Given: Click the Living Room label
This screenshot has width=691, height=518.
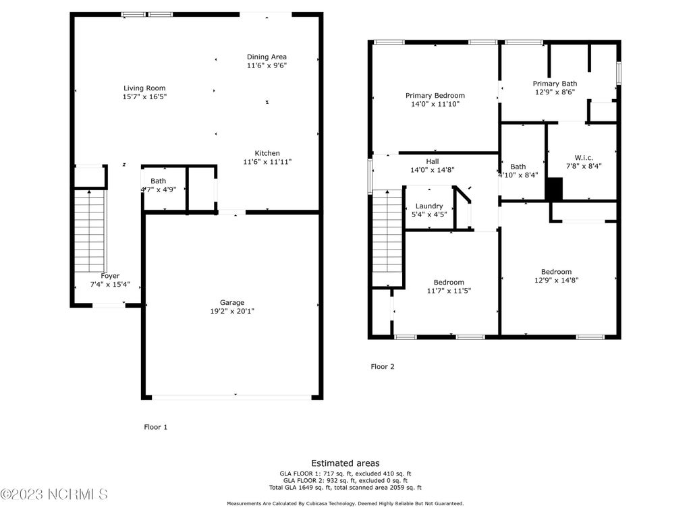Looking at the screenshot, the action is (144, 88).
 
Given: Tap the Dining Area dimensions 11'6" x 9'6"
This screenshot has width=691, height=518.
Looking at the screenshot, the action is (267, 65).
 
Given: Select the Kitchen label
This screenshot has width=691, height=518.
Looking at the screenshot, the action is (267, 153).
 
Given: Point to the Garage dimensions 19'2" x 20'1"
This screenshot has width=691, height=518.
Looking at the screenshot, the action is (232, 311).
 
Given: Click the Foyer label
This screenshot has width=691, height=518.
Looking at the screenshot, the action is (110, 276).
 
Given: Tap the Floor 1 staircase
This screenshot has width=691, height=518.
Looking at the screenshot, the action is (90, 231).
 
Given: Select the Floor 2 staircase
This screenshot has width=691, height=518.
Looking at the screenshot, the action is (387, 238).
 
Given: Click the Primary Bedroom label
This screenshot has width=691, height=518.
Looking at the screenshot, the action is (435, 96).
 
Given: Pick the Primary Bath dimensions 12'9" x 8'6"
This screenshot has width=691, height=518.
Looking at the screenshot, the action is (555, 92).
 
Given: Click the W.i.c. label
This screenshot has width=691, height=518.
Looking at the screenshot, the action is (584, 158).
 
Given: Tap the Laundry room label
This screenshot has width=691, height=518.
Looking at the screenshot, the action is (429, 206).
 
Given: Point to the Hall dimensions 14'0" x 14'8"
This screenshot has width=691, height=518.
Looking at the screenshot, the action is (433, 169).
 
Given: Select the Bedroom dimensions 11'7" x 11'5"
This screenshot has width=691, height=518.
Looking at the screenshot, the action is (449, 291).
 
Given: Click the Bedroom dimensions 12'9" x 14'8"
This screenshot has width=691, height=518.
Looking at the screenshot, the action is (556, 280).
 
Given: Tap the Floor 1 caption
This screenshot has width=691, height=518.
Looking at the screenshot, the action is (156, 427).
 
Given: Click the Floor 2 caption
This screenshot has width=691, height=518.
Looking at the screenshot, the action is (383, 366).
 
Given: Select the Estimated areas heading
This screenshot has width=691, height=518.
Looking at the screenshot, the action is (345, 463).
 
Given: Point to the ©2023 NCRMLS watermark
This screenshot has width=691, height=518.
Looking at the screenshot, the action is (54, 494).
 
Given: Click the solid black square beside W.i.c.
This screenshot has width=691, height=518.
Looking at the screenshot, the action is (555, 189).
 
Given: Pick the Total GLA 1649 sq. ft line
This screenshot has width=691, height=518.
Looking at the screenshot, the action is (345, 488).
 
